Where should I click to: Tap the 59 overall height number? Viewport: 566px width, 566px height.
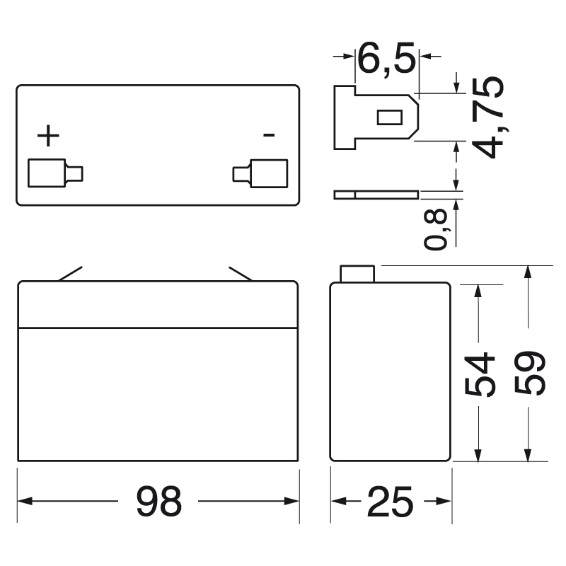tap(530, 373)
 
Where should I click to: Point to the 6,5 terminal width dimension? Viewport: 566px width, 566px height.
tap(386, 58)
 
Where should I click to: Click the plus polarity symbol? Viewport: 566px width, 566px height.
tap(48, 135)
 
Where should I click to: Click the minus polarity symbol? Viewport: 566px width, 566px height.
tap(269, 134)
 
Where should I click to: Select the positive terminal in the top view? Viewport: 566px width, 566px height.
tap(54, 173)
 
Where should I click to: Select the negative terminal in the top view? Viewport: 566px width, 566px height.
tap(262, 173)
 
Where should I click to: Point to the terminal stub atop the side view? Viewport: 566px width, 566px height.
tap(357, 274)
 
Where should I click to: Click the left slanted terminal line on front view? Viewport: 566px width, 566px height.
tap(71, 274)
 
